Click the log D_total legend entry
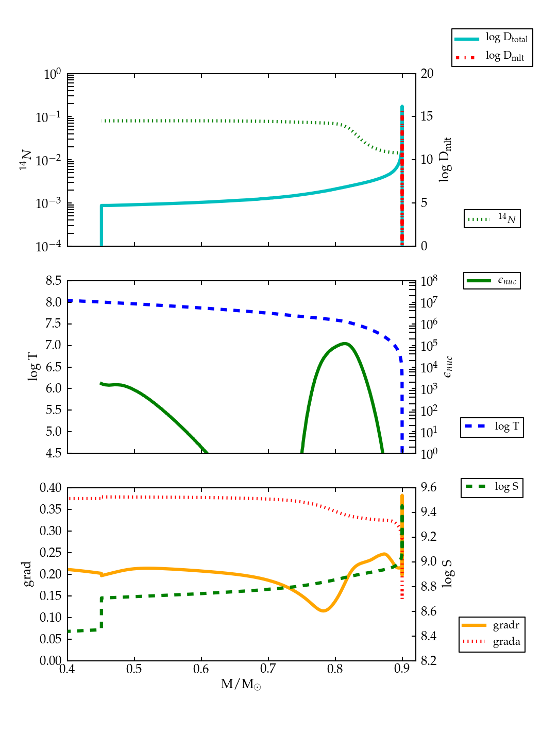click(x=492, y=38)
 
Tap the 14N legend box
click(x=492, y=219)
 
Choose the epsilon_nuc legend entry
click(x=492, y=281)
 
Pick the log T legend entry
click(x=492, y=426)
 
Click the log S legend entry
click(x=492, y=487)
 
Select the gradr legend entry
click(x=492, y=625)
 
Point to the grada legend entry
click(x=492, y=642)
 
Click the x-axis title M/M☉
click(x=241, y=684)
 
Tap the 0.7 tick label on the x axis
click(x=268, y=669)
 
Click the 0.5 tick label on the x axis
click(x=134, y=669)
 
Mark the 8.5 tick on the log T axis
click(x=54, y=281)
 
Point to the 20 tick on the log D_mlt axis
click(x=427, y=74)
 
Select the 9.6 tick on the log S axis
click(x=429, y=487)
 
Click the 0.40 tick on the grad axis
click(x=51, y=488)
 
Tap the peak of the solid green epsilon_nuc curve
click(x=344, y=343)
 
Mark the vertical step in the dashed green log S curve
click(x=102, y=613)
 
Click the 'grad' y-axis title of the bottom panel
click(x=28, y=574)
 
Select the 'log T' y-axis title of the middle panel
click(x=33, y=367)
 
